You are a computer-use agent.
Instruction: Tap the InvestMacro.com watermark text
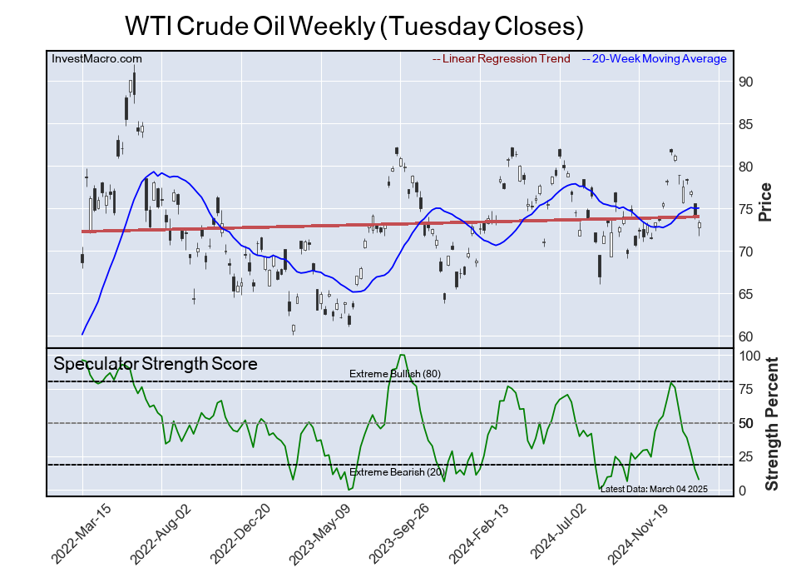coord(96,58)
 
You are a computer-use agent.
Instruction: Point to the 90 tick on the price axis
coord(746,82)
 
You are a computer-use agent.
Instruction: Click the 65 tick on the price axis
coord(746,294)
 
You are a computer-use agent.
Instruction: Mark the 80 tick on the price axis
coord(746,167)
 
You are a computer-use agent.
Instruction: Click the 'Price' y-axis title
coord(765,202)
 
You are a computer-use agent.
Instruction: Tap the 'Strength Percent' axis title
coord(771,423)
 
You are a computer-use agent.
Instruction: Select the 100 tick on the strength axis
coord(749,356)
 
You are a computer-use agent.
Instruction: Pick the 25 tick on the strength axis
coord(746,456)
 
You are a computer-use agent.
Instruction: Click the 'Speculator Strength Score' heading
coord(156,364)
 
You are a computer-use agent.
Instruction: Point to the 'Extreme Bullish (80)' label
coord(395,373)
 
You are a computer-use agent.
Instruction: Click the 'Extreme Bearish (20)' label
coord(396,472)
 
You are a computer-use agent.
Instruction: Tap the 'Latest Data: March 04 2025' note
coord(653,488)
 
